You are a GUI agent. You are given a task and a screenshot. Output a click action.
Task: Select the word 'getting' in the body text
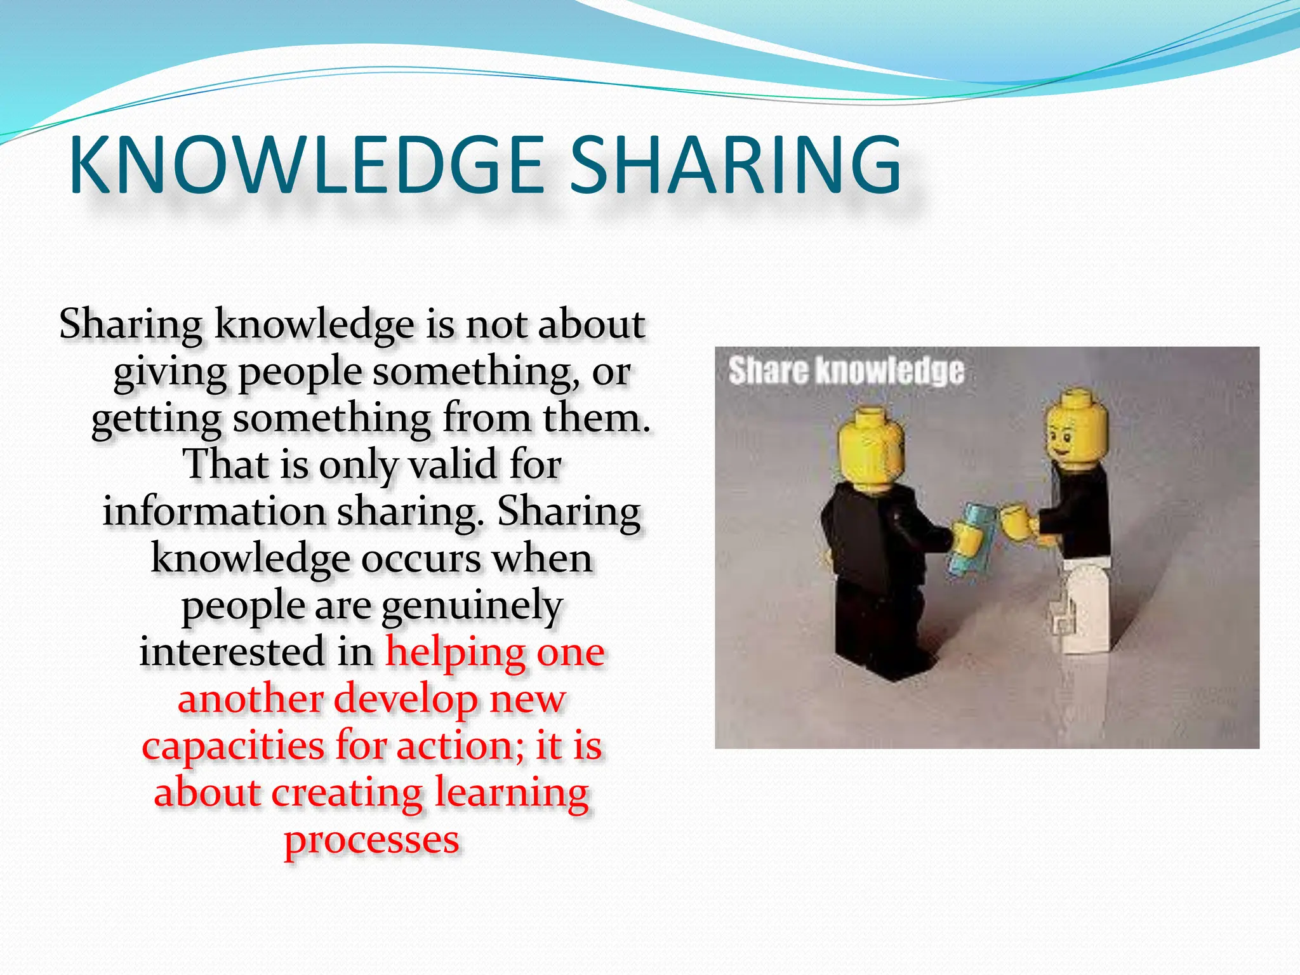(156, 419)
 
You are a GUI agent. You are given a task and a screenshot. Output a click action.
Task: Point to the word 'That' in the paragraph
(225, 464)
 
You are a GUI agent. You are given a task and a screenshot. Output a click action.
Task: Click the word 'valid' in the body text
(453, 464)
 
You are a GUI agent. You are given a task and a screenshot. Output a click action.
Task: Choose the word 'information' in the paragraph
(214, 512)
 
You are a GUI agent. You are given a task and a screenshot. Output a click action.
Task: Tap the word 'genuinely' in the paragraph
(472, 606)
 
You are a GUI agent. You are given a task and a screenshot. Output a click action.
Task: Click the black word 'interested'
(234, 652)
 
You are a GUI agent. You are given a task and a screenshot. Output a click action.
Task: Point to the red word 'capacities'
(232, 746)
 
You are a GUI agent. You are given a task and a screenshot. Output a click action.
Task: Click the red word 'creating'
(347, 793)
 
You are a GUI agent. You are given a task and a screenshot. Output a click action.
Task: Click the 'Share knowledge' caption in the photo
(846, 371)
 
